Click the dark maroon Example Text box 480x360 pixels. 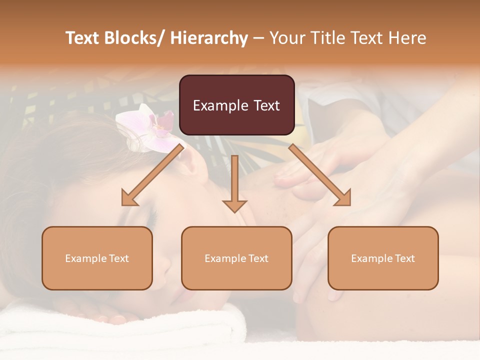pos(236,105)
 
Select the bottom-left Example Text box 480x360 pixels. pos(97,258)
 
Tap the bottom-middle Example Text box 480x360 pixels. pos(236,258)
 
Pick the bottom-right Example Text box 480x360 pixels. pos(383,258)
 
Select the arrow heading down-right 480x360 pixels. pos(320,175)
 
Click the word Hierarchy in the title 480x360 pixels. pos(208,38)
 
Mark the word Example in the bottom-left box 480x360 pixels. pos(85,258)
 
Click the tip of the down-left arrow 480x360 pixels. pos(123,203)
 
